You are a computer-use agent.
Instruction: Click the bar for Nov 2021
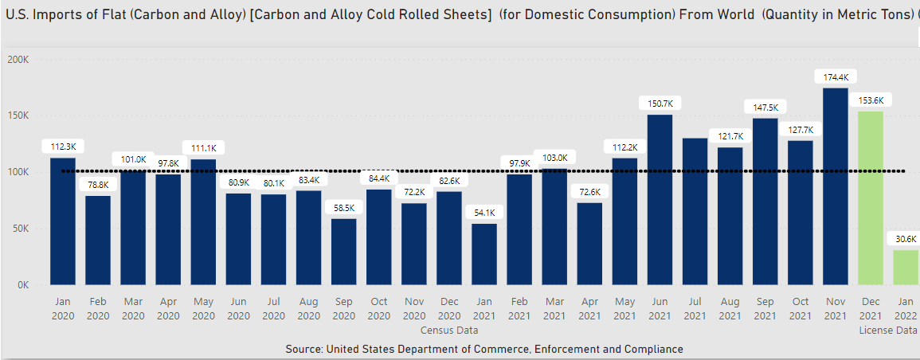click(835, 186)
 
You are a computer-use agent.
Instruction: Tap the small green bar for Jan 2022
click(906, 268)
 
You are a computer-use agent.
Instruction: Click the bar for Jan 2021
click(483, 254)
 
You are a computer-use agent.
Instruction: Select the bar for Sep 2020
click(343, 252)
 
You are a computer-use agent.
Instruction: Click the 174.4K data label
click(835, 77)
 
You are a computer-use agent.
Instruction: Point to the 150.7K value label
click(660, 104)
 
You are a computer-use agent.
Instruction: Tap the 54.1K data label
click(483, 213)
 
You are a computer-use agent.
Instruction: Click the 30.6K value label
click(905, 239)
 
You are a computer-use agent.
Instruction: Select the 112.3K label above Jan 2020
click(63, 147)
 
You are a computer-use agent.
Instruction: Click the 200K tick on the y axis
click(18, 60)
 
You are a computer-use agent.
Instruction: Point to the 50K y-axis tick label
click(20, 229)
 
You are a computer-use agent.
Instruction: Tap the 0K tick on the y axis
click(22, 285)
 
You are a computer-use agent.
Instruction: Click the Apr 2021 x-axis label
click(589, 309)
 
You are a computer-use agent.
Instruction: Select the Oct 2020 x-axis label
click(378, 309)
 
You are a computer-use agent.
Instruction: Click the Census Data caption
click(450, 330)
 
